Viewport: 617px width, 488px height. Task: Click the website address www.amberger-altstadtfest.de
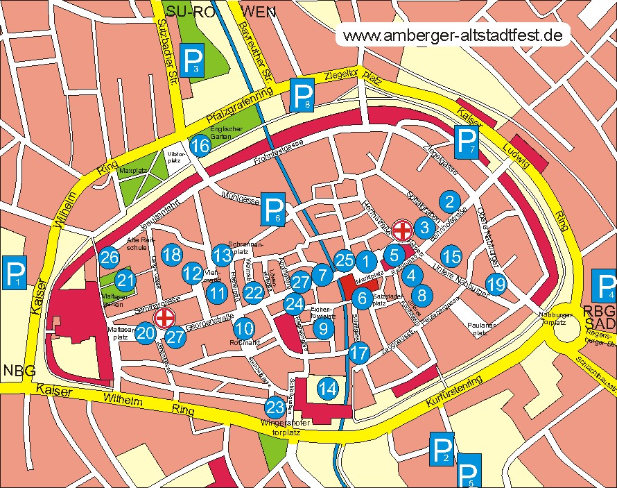[x=453, y=35]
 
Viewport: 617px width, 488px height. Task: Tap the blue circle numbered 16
[x=200, y=146]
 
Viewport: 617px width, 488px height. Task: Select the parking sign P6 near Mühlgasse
[x=274, y=210]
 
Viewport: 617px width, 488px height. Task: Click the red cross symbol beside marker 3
[x=402, y=228]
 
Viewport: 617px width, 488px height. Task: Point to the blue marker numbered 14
[x=327, y=389]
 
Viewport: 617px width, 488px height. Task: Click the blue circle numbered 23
[x=275, y=407]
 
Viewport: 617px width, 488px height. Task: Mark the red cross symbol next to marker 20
[x=164, y=319]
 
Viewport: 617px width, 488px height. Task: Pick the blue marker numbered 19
[x=496, y=283]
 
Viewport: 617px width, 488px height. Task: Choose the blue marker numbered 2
[x=450, y=202]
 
